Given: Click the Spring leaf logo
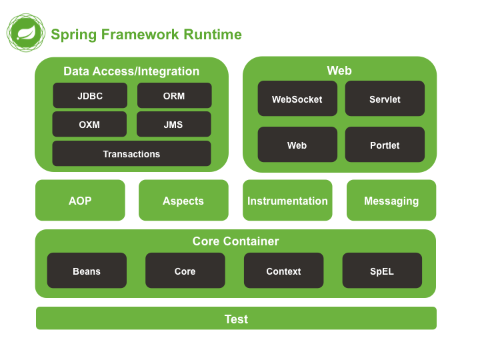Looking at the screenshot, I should (26, 33).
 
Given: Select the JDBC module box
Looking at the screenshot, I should (90, 95).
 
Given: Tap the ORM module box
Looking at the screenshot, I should (174, 95).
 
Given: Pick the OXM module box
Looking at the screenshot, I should (89, 124).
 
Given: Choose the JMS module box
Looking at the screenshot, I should (173, 124).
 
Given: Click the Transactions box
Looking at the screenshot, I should (131, 153).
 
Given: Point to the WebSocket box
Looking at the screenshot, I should (297, 99).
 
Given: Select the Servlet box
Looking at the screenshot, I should (385, 99).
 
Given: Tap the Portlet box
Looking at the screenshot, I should (385, 145).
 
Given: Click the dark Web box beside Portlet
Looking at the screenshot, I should (297, 145).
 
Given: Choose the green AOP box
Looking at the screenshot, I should (80, 200).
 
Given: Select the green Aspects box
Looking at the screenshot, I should (183, 200).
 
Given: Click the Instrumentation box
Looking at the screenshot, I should (287, 200).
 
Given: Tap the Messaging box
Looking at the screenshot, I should (391, 200).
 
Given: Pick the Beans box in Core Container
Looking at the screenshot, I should (87, 271).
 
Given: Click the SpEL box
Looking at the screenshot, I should (382, 271).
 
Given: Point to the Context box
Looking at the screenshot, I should (283, 271).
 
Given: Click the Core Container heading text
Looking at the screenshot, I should (235, 241).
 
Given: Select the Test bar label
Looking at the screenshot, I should (236, 319).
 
